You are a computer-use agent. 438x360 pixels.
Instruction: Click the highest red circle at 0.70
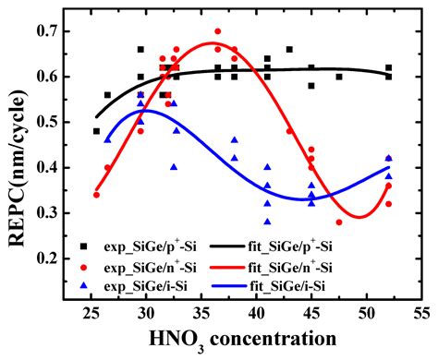point(218,31)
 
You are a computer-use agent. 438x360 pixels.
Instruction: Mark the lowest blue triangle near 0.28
point(267,222)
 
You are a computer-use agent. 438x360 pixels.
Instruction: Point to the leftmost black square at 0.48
point(96,131)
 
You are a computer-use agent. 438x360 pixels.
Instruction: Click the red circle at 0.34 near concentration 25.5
point(96,195)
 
